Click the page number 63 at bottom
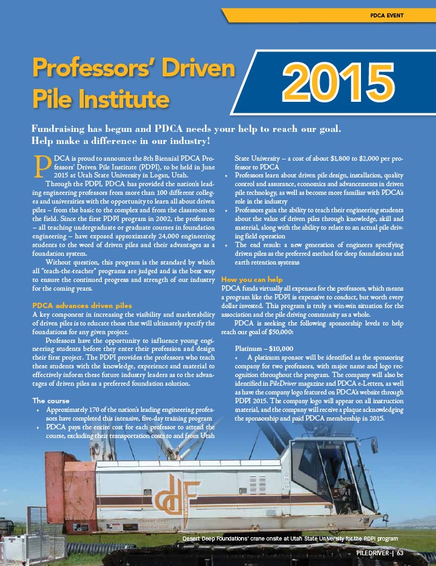point(400,553)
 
